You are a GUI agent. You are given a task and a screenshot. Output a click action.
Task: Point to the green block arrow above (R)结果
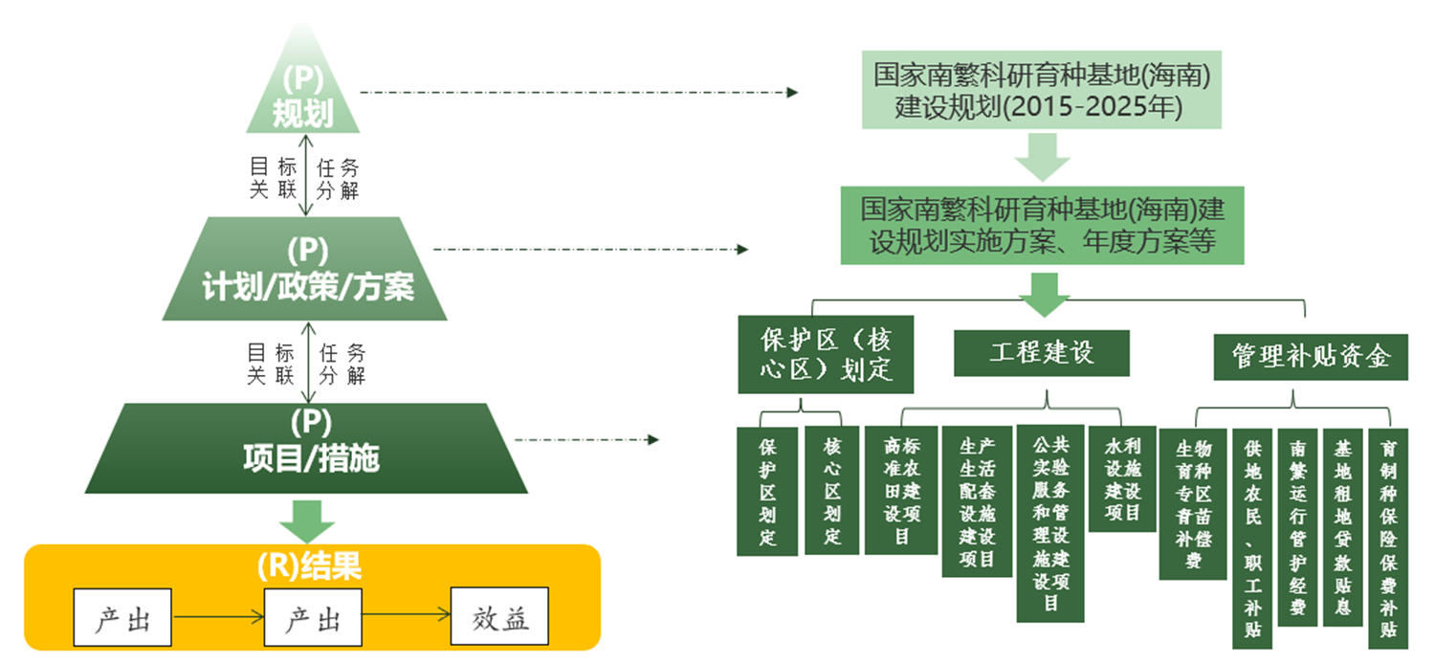[307, 519]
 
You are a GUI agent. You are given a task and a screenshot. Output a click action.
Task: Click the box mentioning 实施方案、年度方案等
[1042, 225]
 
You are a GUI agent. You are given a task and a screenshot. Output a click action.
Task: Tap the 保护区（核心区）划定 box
[826, 354]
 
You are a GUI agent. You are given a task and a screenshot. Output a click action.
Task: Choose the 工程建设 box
[1041, 353]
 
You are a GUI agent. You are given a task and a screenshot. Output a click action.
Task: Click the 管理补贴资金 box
[1310, 357]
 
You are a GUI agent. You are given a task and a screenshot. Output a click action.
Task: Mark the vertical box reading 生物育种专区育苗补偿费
[1192, 503]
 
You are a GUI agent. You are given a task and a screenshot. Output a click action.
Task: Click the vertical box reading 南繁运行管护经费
[1297, 527]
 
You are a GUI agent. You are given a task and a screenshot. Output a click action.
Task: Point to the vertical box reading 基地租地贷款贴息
[1342, 527]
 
